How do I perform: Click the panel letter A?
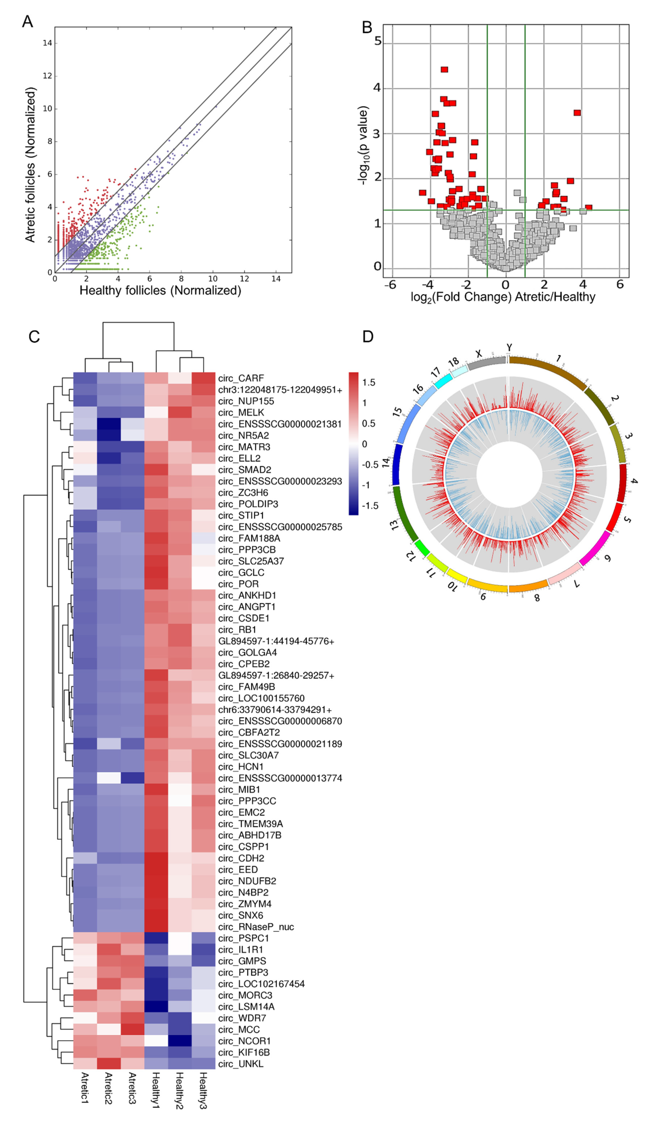[x=28, y=21]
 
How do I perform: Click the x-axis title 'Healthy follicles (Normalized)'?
[x=160, y=291]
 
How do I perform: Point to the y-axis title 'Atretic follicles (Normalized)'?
[x=30, y=165]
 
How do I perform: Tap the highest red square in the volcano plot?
[x=444, y=70]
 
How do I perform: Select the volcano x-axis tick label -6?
[x=390, y=285]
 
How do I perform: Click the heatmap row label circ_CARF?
[x=241, y=378]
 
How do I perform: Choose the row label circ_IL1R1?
[x=240, y=950]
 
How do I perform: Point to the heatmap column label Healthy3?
[x=203, y=1090]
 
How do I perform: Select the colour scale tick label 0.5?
[x=369, y=423]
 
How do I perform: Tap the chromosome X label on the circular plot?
[x=479, y=354]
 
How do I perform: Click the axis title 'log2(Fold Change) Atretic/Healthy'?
[x=503, y=297]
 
